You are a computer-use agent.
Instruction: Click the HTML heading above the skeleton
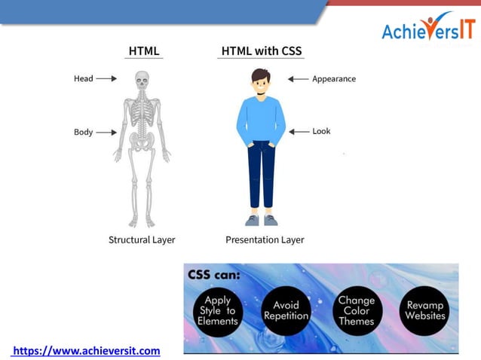(144, 51)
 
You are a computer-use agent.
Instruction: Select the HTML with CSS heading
(262, 51)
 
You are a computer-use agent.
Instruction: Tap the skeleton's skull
(142, 81)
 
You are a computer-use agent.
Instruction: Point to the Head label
(83, 78)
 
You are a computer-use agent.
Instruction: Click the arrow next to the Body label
(106, 133)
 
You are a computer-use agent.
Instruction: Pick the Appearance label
(334, 78)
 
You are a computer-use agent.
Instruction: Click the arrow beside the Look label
(299, 131)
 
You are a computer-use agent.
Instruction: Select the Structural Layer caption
(142, 239)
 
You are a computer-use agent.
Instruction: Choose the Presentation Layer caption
(265, 239)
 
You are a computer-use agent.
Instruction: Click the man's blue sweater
(261, 119)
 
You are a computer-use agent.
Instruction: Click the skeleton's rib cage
(142, 113)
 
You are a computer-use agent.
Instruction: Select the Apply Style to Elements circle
(218, 310)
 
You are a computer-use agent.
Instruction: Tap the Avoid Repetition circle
(286, 310)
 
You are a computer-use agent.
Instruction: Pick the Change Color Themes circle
(357, 310)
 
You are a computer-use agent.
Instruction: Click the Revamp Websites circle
(425, 310)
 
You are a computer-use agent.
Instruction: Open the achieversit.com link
(86, 350)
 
